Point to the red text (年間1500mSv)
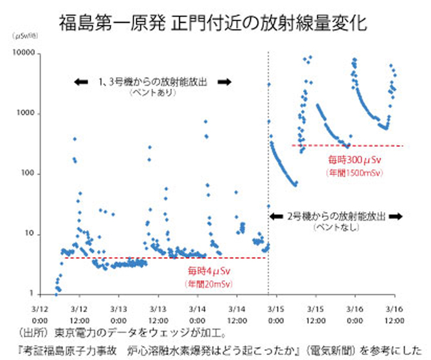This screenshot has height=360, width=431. [349, 172]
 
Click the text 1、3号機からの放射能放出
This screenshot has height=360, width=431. [152, 82]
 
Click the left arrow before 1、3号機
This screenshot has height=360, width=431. [82, 82]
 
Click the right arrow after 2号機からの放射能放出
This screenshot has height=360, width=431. [396, 216]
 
